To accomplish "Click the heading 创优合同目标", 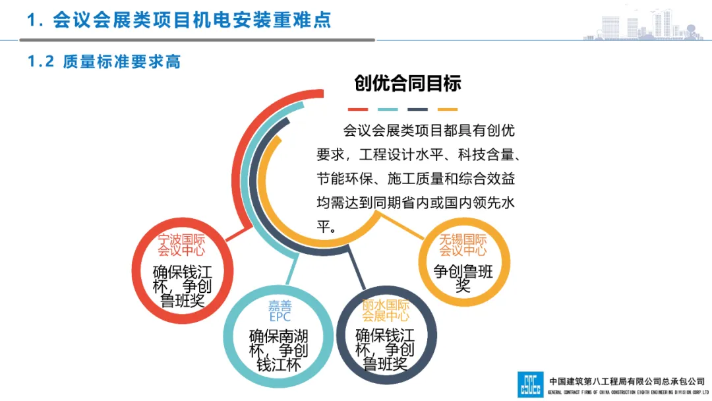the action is (407, 83).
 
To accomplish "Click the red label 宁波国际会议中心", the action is (181, 245).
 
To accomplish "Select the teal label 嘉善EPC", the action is (280, 311).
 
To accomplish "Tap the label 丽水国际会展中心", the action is (386, 311).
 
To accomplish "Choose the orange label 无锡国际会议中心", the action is (463, 245).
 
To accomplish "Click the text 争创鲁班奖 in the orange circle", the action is (463, 278).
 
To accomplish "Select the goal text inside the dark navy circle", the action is (386, 350).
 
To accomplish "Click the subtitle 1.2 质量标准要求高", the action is (104, 62).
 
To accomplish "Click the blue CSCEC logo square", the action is (530, 385).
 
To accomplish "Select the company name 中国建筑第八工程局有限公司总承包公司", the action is (627, 381).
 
